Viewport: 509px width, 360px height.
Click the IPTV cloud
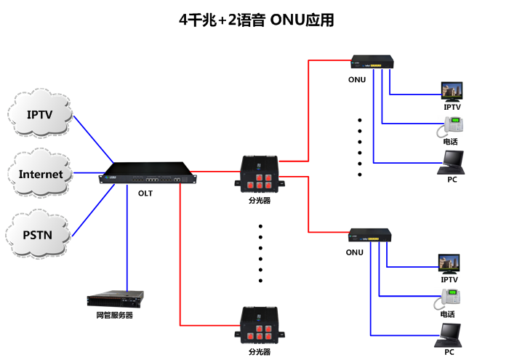point(40,115)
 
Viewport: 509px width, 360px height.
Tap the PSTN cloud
point(39,234)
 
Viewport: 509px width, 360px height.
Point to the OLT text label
point(145,193)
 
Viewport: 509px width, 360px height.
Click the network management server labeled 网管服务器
point(115,298)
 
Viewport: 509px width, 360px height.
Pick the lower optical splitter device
point(259,325)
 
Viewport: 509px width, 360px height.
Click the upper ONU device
point(371,63)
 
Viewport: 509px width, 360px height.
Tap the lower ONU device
point(370,235)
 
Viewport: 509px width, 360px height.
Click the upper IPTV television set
point(452,92)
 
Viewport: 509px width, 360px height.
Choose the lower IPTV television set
point(449,263)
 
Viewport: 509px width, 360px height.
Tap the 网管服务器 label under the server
point(115,316)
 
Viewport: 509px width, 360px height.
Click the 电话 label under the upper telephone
point(451,142)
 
